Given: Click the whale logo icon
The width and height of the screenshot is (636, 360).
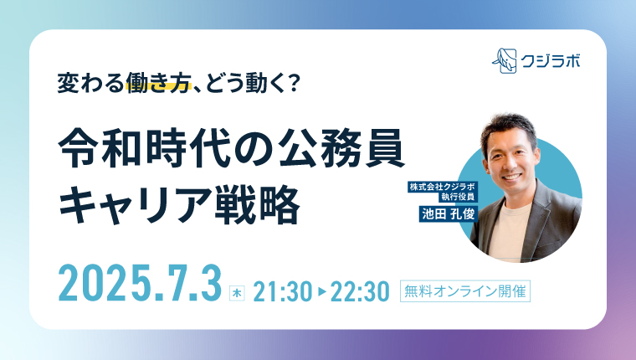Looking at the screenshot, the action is pos(505,61).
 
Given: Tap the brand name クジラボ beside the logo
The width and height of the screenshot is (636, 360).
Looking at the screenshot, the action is pos(551,61).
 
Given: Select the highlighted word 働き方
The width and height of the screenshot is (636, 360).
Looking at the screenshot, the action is pos(158,82).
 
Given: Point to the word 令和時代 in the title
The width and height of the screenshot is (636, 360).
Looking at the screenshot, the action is pos(145,148).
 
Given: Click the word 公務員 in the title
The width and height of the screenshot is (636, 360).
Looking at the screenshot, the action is pos(342,148).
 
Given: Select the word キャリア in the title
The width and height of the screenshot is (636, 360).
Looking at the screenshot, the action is pos(134,204).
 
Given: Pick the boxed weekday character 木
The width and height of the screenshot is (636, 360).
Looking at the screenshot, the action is pos(237,293).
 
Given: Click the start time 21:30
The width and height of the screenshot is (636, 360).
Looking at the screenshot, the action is pos(283,292).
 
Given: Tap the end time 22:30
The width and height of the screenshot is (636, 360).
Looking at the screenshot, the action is pos(360,292).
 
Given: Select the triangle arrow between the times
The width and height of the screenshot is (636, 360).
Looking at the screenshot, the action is pos(322,292).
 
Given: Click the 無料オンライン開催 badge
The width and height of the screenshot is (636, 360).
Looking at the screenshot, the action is pos(465,291).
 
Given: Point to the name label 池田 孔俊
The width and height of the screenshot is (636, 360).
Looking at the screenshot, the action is pos(449,213).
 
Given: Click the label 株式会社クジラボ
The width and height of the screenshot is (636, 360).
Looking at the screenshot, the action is pos(443,187).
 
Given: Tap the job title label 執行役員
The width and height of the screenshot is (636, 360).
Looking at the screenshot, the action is pos(457,198).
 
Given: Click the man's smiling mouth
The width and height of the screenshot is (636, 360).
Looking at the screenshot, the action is pos(511,177).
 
